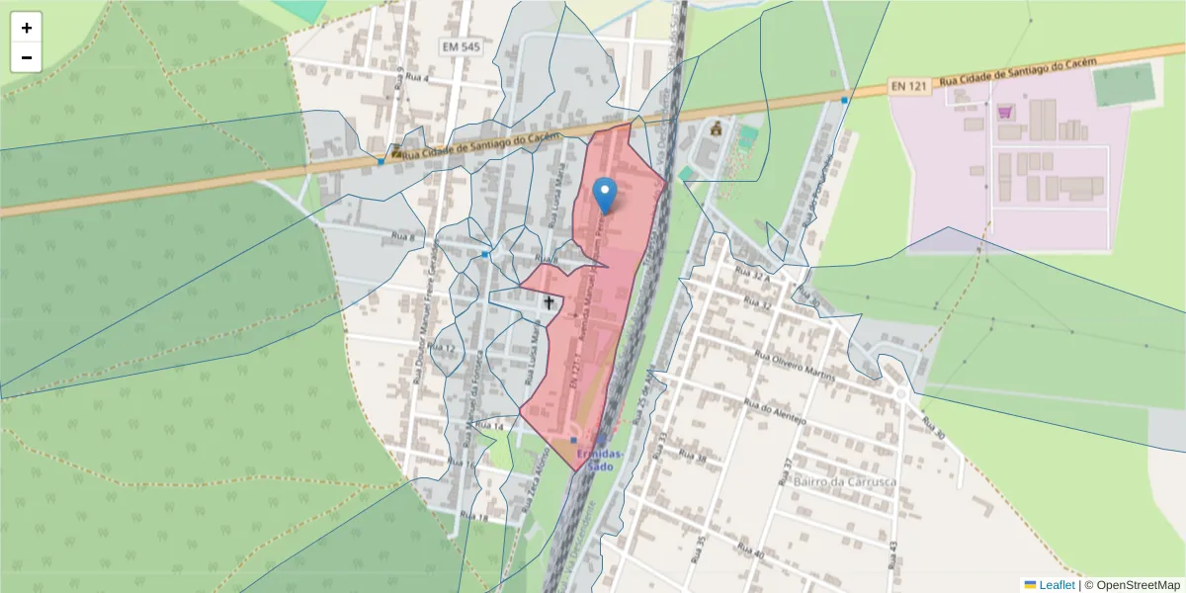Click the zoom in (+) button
click(x=27, y=28)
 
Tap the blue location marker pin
click(x=605, y=196)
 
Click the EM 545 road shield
click(x=461, y=46)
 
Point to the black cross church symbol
click(x=549, y=302)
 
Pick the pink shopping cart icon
click(x=1005, y=112)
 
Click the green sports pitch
click(x=1124, y=84)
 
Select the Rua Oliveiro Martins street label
click(x=795, y=366)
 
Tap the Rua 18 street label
click(x=474, y=517)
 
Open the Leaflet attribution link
click(x=1055, y=585)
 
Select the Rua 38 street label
click(x=694, y=456)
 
